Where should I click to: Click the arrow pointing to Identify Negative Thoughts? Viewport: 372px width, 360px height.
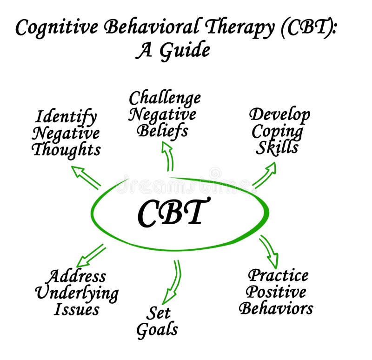pyautogui.click(x=86, y=177)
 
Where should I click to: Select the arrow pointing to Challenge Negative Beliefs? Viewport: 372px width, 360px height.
pyautogui.click(x=168, y=156)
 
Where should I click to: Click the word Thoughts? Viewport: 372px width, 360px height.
pyautogui.click(x=66, y=150)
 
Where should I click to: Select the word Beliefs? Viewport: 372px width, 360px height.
pyautogui.click(x=162, y=131)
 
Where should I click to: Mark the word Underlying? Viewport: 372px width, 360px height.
pyautogui.click(x=77, y=293)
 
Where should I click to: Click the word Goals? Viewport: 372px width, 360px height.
pyautogui.click(x=157, y=329)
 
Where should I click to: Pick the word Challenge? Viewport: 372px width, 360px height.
pyautogui.click(x=165, y=98)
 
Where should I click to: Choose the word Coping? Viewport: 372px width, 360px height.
pyautogui.click(x=278, y=131)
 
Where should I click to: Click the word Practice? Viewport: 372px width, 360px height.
pyautogui.click(x=278, y=275)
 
